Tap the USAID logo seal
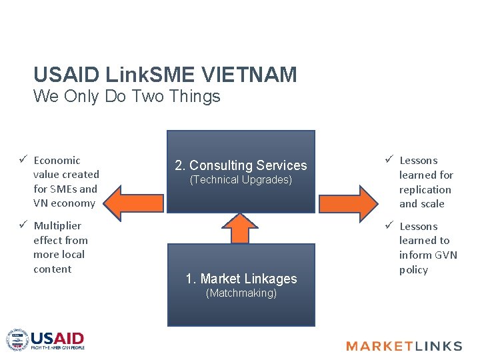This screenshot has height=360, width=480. (17, 340)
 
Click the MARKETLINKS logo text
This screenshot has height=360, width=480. (404, 345)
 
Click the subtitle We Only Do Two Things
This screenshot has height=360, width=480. (127, 96)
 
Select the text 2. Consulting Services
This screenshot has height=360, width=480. (241, 165)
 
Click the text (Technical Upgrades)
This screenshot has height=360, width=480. (241, 180)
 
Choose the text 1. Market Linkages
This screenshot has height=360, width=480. (241, 279)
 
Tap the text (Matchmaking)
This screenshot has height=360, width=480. (241, 293)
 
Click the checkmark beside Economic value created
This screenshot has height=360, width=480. (23, 159)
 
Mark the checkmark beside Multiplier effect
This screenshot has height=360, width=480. (23, 225)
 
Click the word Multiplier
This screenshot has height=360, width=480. (57, 225)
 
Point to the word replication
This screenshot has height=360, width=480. (425, 189)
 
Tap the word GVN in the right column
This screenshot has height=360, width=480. (446, 255)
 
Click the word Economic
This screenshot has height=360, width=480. (57, 160)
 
